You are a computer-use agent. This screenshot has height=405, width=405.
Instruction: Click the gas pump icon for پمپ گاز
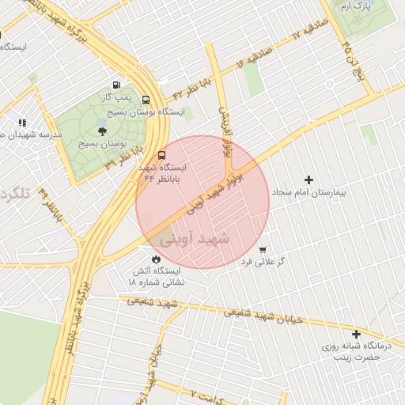[x=117, y=85]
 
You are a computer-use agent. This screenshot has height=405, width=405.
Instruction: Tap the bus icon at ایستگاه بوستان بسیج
[x=146, y=100]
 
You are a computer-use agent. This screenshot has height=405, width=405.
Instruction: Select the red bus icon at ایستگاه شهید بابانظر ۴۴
[x=162, y=155]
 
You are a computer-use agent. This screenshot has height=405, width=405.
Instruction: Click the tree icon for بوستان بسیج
[x=102, y=131]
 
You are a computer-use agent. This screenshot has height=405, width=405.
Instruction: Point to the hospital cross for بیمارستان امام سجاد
[x=309, y=180]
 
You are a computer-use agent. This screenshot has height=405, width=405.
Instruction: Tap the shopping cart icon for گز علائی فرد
[x=263, y=249]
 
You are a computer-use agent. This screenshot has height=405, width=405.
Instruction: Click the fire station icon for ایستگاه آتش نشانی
[x=156, y=259]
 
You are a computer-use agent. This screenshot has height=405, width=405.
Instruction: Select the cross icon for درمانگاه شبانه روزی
[x=356, y=335]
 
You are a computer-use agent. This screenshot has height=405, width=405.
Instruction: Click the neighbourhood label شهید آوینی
[x=195, y=237]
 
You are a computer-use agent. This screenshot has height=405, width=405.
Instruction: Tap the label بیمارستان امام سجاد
[x=314, y=193]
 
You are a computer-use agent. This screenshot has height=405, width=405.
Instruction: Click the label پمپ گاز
[x=117, y=97]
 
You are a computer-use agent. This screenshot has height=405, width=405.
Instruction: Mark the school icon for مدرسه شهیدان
[x=22, y=123]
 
